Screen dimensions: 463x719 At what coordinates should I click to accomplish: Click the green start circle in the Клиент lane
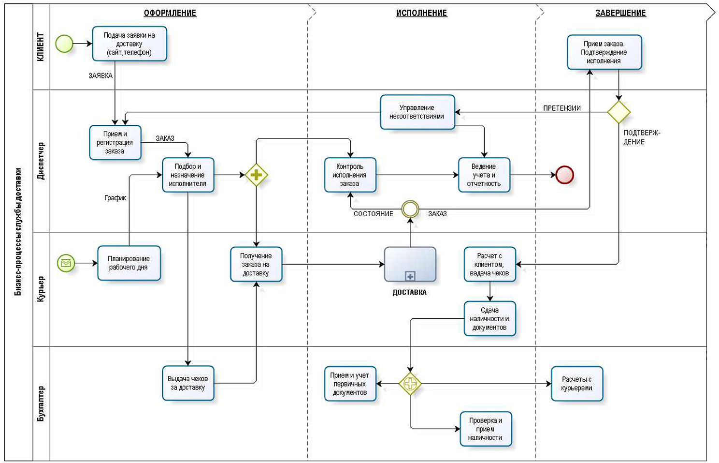click(64, 44)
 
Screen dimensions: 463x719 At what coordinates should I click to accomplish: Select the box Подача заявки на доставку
click(129, 44)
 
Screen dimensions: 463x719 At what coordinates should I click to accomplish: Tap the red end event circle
click(564, 175)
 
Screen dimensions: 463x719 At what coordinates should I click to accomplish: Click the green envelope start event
click(66, 263)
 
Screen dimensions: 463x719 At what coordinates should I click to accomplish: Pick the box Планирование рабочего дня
click(129, 263)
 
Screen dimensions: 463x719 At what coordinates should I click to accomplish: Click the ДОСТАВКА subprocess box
click(410, 265)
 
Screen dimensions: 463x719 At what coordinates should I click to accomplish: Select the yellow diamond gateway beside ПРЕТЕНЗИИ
click(618, 112)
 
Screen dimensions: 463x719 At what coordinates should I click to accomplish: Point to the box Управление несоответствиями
click(417, 112)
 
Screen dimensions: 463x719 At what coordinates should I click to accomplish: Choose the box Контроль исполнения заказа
click(350, 175)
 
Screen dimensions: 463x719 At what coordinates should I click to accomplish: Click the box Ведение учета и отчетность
click(484, 175)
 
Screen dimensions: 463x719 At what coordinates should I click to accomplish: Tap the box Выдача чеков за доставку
click(188, 383)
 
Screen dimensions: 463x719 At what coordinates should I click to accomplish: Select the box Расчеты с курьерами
click(577, 384)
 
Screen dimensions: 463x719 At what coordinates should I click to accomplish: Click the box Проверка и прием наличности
click(486, 429)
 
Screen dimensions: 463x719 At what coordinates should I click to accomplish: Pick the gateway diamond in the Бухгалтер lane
click(410, 384)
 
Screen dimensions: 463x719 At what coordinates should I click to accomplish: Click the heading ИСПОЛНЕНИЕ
click(421, 13)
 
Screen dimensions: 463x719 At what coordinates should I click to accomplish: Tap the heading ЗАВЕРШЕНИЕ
click(620, 13)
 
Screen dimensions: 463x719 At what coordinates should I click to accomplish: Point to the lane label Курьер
click(41, 289)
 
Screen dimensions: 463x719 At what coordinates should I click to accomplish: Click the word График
click(115, 198)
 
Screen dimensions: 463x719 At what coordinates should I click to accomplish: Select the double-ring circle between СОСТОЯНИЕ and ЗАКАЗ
click(410, 209)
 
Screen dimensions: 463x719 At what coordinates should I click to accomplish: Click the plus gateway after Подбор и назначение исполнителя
click(256, 175)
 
